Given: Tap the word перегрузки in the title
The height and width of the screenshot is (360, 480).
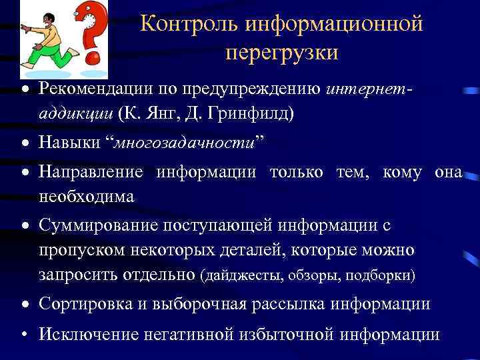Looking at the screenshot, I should click(281, 51).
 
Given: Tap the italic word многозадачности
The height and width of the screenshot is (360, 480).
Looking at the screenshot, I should click(186, 143).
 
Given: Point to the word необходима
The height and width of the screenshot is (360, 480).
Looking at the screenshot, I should click(86, 197).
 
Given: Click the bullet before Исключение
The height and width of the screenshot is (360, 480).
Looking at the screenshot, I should click(23, 335).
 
